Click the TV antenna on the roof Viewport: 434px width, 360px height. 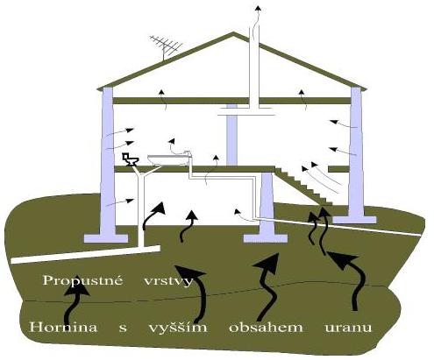click(165, 46)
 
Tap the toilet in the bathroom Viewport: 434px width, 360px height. click(131, 159)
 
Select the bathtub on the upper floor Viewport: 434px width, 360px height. click(168, 160)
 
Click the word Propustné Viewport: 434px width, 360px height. click(82, 280)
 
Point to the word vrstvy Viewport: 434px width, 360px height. click(168, 282)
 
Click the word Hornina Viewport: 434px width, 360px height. click(63, 327)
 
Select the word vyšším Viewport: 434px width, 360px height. click(178, 327)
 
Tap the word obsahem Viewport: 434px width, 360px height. click(266, 327)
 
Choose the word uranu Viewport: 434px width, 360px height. click(348, 328)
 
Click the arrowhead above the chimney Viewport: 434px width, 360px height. click(258, 8)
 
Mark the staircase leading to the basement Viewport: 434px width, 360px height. click(304, 186)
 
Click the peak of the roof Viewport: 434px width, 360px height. click(233, 32)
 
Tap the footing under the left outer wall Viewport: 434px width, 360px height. click(106, 238)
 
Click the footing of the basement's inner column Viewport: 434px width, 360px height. click(266, 238)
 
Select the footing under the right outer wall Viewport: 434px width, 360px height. click(354, 220)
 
